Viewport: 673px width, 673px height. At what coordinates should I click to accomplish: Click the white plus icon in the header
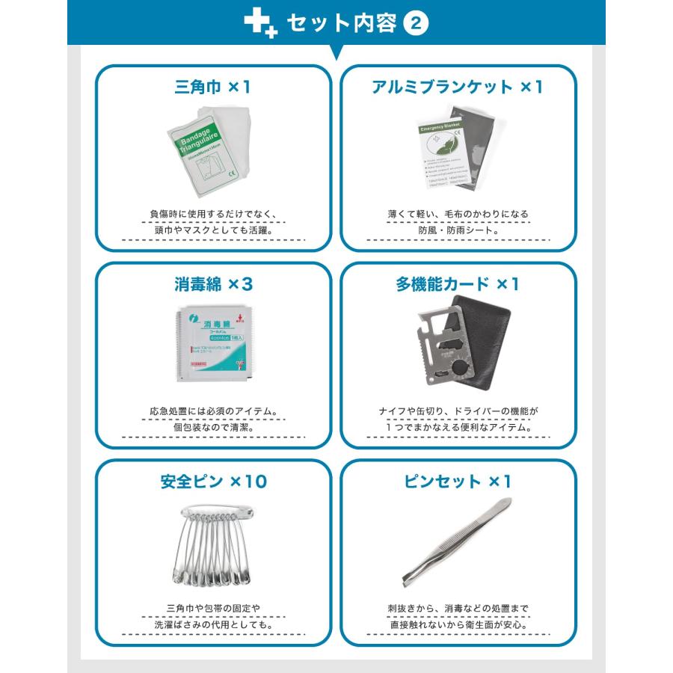coord(260,24)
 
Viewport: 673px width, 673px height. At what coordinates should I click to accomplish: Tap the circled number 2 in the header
coord(416,23)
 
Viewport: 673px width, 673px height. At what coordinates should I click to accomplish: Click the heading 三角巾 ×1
coord(213,87)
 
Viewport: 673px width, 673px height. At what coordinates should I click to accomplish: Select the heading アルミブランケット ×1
coord(458,87)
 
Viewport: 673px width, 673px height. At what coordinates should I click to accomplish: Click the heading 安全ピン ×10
coord(213,482)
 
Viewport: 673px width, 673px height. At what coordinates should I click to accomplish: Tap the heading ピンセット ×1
coord(458,482)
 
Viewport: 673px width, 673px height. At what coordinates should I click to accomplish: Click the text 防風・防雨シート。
coord(458,231)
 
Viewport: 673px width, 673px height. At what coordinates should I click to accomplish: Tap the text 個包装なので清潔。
coord(213,428)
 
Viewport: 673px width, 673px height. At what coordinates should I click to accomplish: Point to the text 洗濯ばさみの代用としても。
coord(213,625)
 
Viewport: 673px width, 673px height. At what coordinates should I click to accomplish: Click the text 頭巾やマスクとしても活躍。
coord(213,231)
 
